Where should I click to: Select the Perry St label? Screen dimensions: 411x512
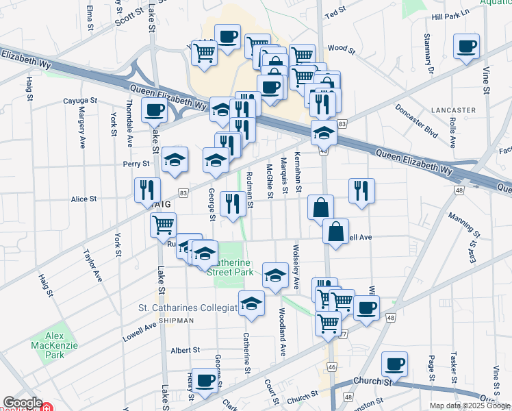(136, 164)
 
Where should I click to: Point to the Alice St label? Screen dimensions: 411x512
(84, 199)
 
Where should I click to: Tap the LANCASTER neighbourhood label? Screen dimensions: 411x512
(453, 110)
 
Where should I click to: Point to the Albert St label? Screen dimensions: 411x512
(185, 349)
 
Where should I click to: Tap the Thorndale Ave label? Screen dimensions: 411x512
(128, 124)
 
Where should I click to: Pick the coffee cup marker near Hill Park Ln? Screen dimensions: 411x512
(468, 47)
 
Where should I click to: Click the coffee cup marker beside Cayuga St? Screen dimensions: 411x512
(154, 110)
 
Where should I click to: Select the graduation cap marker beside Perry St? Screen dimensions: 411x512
(175, 160)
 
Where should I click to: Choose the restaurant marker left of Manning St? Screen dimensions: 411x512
(361, 191)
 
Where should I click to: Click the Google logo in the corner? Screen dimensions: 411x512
(23, 403)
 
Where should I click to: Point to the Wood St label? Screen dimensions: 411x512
(341, 49)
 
